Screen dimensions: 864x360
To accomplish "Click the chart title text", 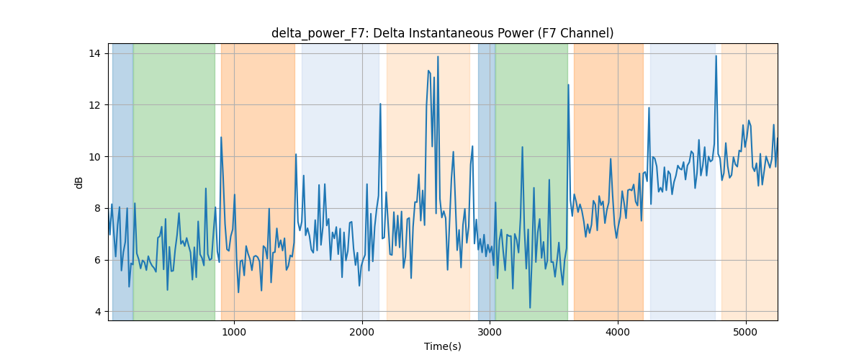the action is [x=442, y=33].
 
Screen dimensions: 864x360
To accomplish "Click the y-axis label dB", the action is [x=78, y=183].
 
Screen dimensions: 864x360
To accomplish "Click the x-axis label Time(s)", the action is [x=442, y=346].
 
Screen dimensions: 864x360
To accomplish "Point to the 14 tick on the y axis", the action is [x=94, y=53].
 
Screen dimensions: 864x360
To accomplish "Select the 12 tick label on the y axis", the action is [x=94, y=105].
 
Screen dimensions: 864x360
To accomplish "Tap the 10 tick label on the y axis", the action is [x=94, y=157].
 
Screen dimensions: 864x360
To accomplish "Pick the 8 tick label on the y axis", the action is [x=98, y=208].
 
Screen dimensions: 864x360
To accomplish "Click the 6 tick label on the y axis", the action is [x=98, y=260].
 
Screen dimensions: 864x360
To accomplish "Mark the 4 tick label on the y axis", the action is [x=98, y=312].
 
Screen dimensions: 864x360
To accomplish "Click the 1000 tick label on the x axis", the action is [x=234, y=333].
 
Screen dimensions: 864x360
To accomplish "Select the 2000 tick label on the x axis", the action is [x=362, y=333].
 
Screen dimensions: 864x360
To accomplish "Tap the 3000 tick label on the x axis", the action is [x=490, y=333].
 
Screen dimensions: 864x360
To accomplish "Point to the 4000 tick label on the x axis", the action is [x=618, y=333].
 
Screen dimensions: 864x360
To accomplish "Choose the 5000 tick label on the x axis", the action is [x=746, y=333].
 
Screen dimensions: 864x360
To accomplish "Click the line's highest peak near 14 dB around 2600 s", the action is [x=438, y=57].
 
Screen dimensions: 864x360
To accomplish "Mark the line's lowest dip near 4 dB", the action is [x=530, y=307].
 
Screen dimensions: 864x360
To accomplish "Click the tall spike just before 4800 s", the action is [x=716, y=56].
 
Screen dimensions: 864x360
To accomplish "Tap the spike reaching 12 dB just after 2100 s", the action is [x=380, y=104].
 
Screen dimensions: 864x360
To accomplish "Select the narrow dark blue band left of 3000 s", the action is [x=487, y=181].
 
